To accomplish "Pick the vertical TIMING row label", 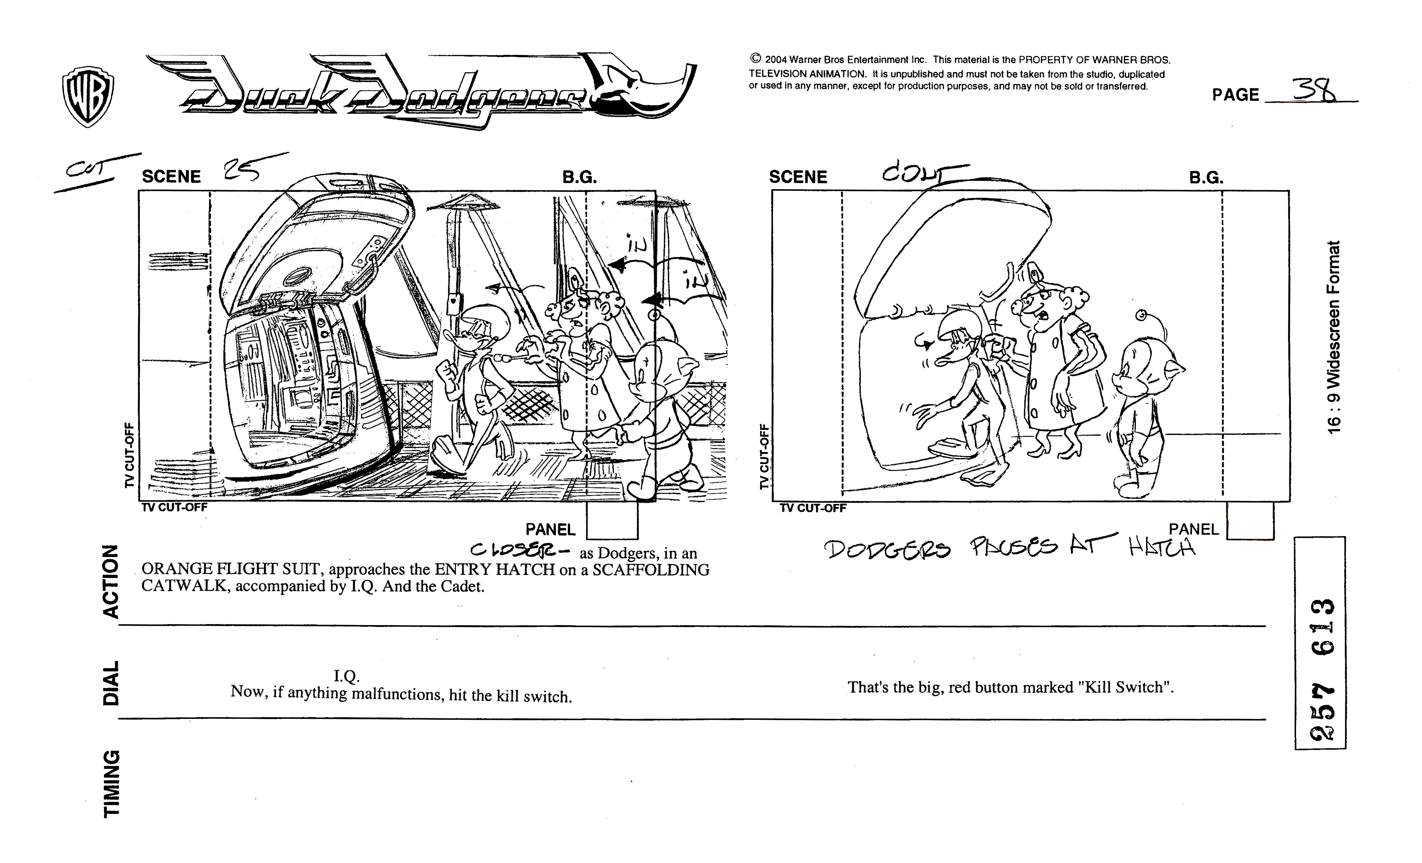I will coord(110,783).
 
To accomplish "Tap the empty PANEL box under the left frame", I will coord(612,521).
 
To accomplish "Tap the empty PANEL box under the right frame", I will coord(1250,521).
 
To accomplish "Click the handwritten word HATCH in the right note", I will coord(1162,548).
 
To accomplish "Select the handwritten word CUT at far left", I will coord(85,169).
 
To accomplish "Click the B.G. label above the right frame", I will coord(1206,177).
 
